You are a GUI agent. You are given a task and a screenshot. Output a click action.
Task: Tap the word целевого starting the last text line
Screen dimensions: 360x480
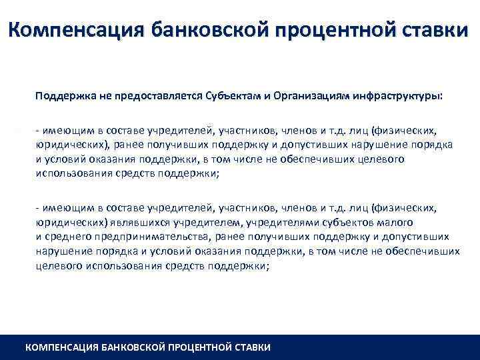pos(55,265)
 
